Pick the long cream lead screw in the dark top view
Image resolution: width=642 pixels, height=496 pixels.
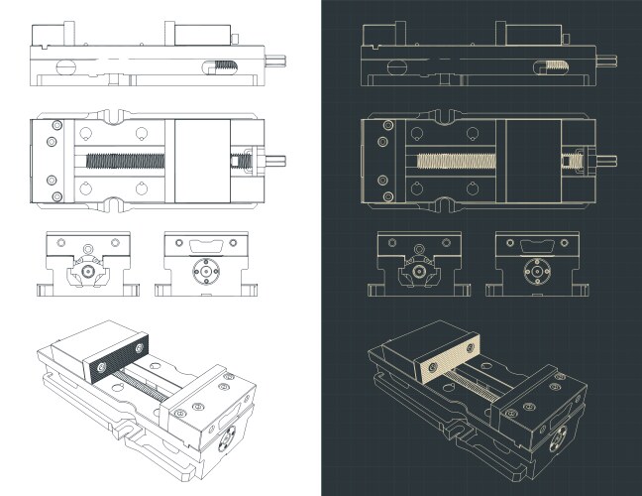tap(459, 159)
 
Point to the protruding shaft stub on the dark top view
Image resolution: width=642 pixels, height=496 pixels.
tap(607, 159)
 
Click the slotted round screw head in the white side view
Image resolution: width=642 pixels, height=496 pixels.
tap(65, 67)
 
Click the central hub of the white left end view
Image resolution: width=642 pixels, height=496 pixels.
tap(87, 270)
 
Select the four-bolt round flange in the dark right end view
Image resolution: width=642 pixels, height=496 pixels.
tap(536, 269)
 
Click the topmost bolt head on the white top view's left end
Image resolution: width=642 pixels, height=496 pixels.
tap(56, 125)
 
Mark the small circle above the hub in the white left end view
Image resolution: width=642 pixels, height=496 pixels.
tap(87, 246)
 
